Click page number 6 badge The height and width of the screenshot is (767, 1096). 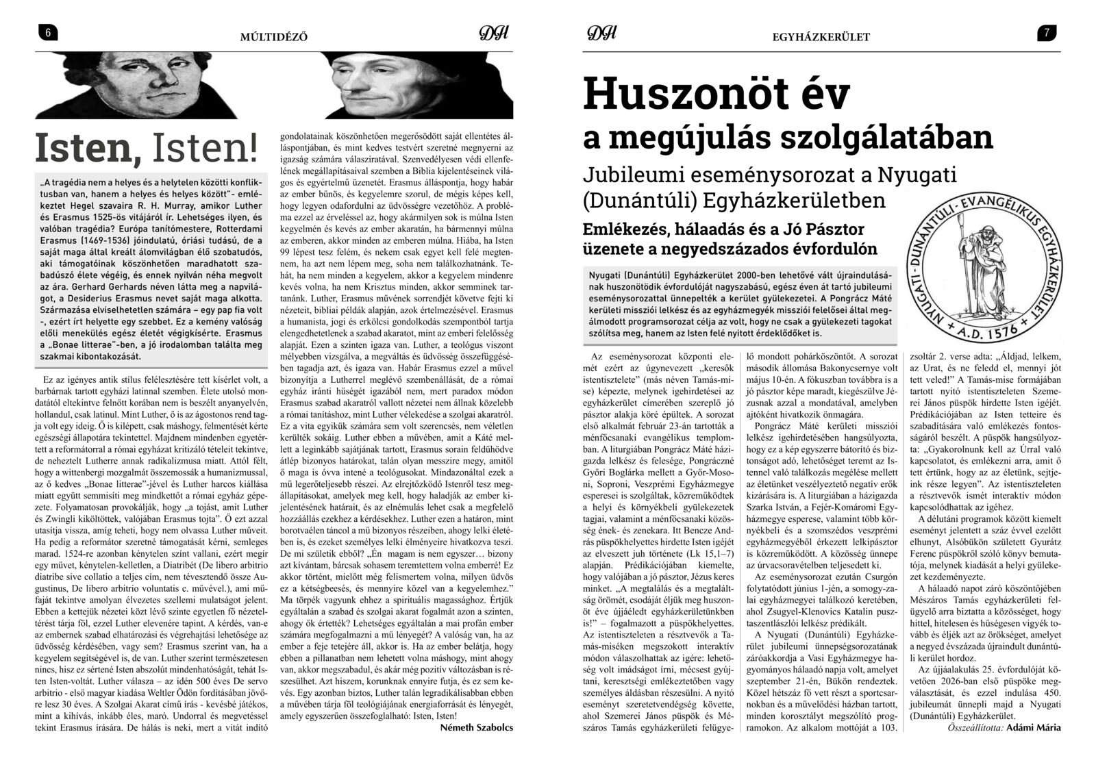point(48,33)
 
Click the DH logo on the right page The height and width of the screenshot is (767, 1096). point(602,34)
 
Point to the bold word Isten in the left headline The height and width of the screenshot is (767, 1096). point(88,149)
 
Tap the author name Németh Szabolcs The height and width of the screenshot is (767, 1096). point(476,728)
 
